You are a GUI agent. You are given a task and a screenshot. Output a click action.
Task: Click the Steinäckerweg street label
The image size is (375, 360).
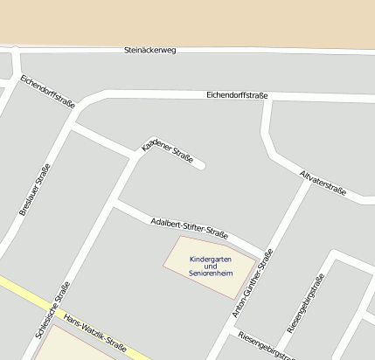click(x=150, y=51)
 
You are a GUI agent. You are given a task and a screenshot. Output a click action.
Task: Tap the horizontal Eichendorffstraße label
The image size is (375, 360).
click(x=237, y=95)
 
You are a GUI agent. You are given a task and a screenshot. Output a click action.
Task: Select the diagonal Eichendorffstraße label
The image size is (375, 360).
click(x=47, y=92)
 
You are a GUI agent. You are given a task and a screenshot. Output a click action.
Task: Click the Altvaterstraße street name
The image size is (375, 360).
click(x=323, y=182)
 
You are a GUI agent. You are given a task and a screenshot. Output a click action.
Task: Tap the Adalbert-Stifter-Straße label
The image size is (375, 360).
click(x=189, y=228)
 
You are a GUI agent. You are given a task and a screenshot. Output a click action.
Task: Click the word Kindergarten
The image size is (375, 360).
click(x=211, y=259)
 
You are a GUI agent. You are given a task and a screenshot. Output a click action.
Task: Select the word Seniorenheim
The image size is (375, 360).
click(x=211, y=273)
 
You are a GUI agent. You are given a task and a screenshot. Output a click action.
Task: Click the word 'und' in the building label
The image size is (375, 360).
click(x=211, y=267)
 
